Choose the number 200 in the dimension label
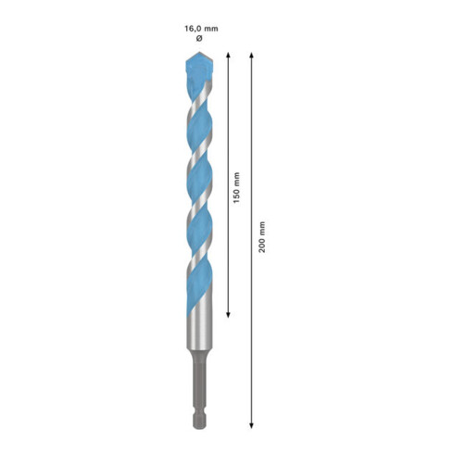click(x=262, y=247)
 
